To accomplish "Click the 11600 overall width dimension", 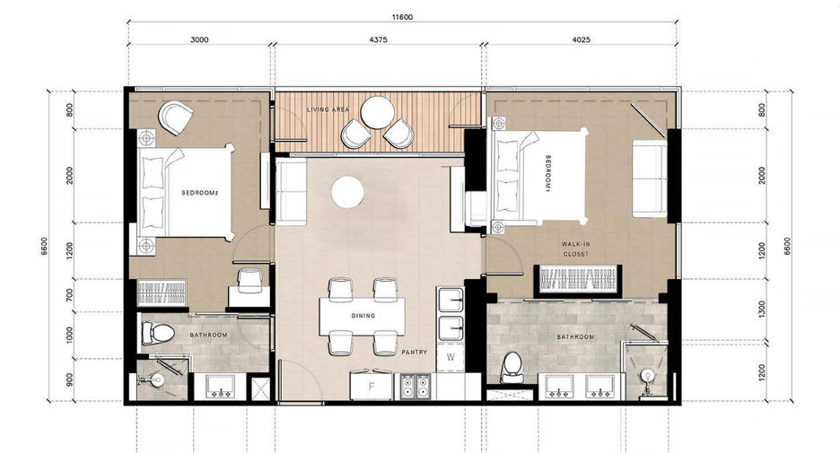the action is point(402,17).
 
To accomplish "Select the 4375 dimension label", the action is point(378,39).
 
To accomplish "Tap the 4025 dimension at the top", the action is point(582,39).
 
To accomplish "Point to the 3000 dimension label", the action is point(199,39).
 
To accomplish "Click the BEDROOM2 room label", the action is point(200,193).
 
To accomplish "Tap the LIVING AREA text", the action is point(328,109).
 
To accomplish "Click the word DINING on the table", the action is point(363,316).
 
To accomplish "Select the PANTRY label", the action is point(415,353).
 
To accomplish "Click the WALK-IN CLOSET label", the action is point(576,249).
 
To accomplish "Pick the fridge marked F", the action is point(372,386).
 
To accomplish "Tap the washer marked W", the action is point(451,358).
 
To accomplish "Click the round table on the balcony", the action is point(377,112).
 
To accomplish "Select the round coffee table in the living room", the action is point(347,193).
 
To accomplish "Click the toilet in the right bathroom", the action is point(512,367).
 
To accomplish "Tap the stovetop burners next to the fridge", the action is point(416,387).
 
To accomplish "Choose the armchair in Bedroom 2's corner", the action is point(176,118).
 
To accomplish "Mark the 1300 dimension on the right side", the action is point(762,309).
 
